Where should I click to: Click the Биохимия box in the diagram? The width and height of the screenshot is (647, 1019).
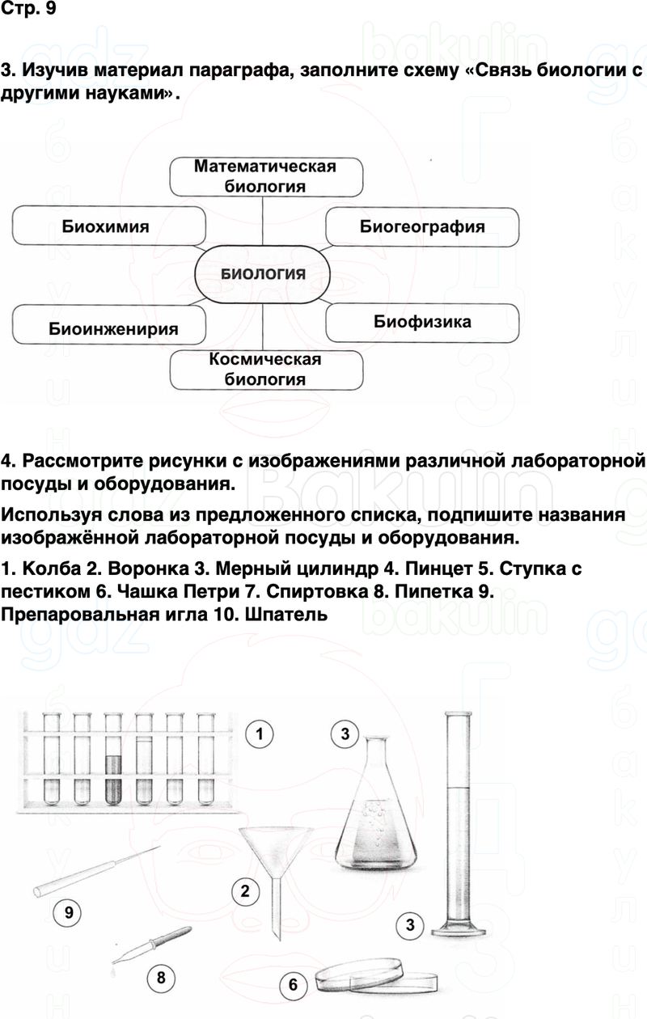[105, 226]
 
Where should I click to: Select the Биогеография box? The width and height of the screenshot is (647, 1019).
[422, 226]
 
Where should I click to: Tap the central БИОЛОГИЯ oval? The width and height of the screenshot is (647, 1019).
[264, 273]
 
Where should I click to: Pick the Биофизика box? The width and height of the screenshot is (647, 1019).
[422, 322]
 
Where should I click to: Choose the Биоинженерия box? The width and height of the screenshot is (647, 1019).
[113, 328]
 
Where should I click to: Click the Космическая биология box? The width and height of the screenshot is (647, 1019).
[265, 369]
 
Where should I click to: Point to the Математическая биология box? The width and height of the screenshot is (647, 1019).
[265, 176]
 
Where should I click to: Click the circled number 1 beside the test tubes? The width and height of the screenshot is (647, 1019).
[260, 735]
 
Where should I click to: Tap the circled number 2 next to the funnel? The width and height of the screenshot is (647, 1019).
[245, 893]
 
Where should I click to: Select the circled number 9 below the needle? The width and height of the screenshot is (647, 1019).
[69, 914]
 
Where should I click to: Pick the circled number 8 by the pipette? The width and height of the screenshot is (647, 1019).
[161, 978]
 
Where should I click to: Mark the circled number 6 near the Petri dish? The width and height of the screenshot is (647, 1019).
[293, 985]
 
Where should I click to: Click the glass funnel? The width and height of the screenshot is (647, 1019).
[273, 857]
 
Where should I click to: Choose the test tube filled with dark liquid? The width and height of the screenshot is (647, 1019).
[112, 780]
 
